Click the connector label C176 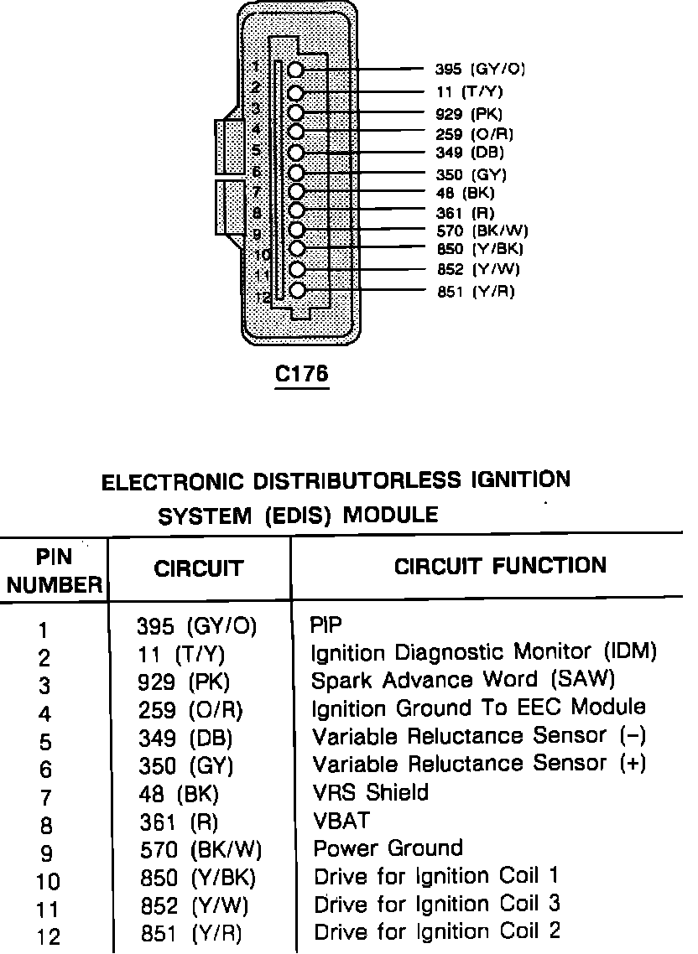tap(302, 374)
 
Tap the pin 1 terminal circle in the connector tap(296, 70)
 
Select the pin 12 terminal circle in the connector tap(296, 291)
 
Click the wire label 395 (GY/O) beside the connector tap(481, 70)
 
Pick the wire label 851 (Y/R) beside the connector tap(476, 292)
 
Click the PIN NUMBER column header tap(55, 571)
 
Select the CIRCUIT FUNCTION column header tap(500, 566)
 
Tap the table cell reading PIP tap(326, 625)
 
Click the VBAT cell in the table tap(341, 820)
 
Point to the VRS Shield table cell tap(370, 792)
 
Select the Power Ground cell tap(388, 848)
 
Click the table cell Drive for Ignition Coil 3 tap(436, 904)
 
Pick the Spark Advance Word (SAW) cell tap(463, 679)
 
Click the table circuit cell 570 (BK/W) tap(200, 850)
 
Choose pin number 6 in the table tap(45, 770)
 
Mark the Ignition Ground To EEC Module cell tap(479, 708)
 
